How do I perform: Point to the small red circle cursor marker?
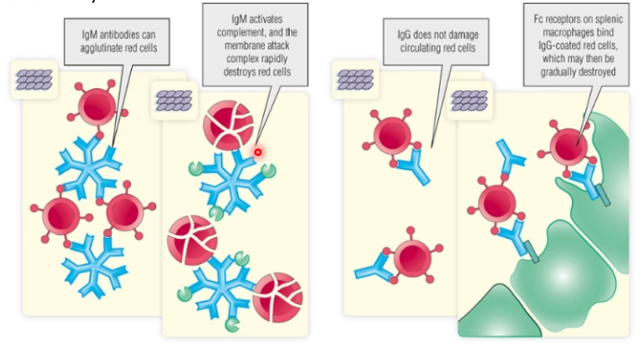(258, 153)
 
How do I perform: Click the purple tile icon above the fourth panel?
(470, 100)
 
